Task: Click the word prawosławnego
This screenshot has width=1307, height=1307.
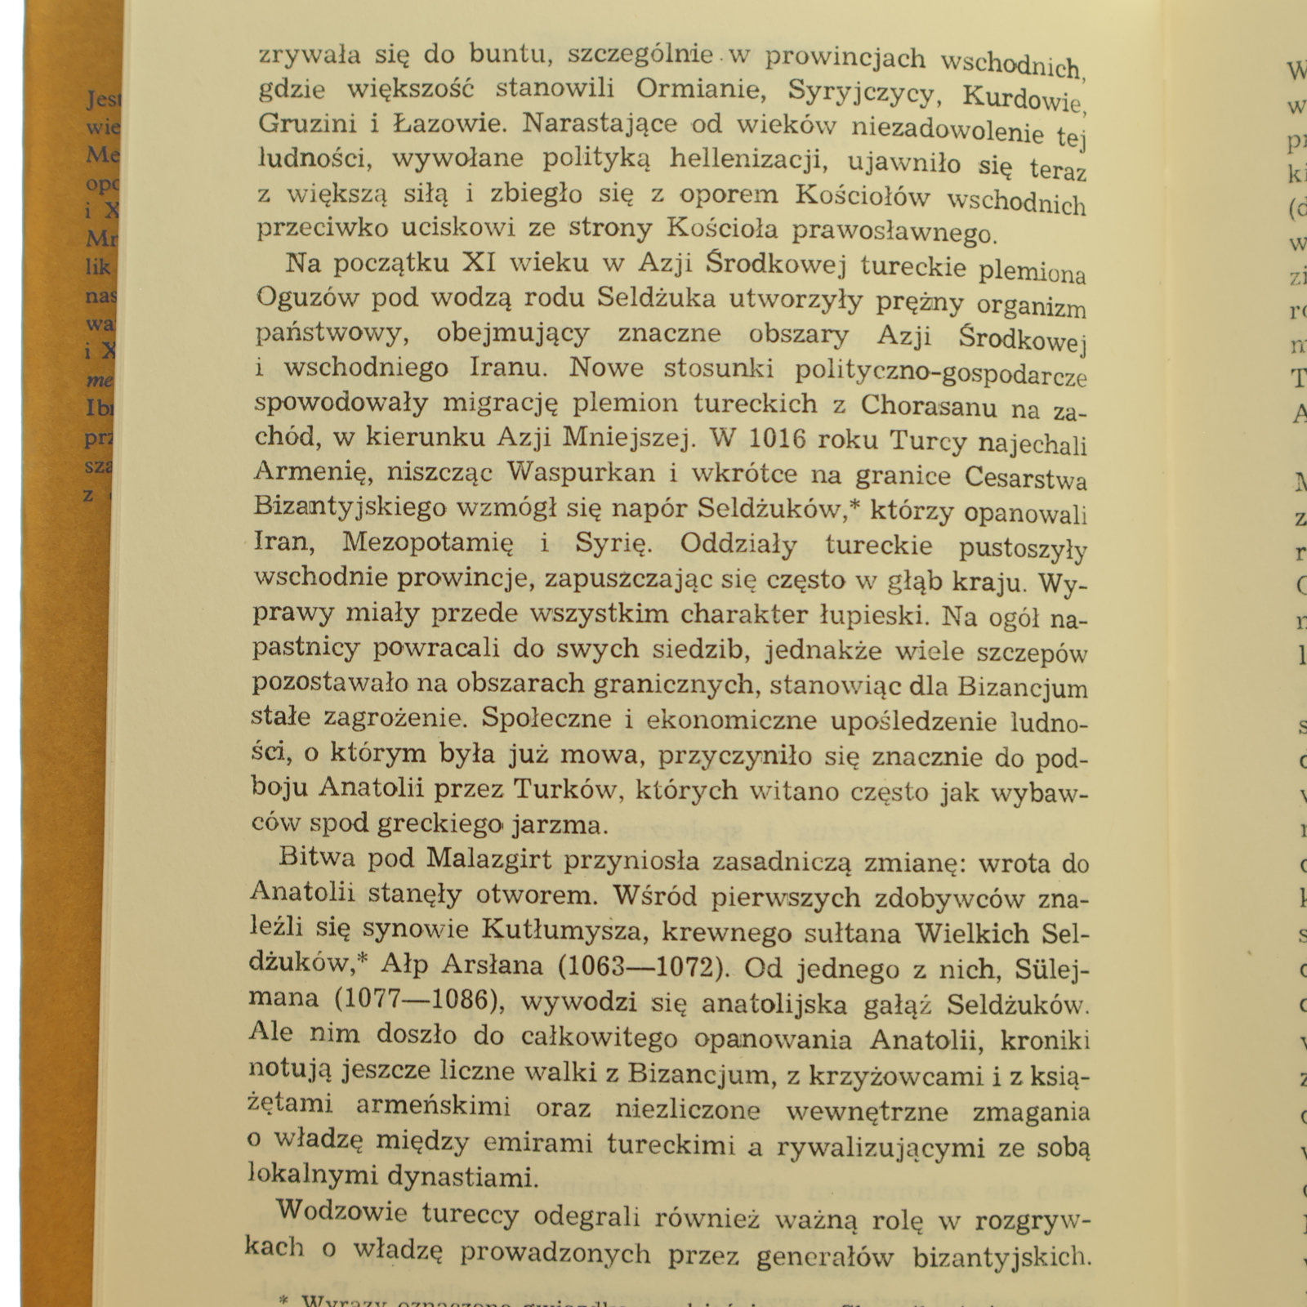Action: click(894, 231)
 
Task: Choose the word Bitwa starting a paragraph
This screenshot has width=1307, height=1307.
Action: click(316, 857)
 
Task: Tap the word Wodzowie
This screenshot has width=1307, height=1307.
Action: click(341, 1212)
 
